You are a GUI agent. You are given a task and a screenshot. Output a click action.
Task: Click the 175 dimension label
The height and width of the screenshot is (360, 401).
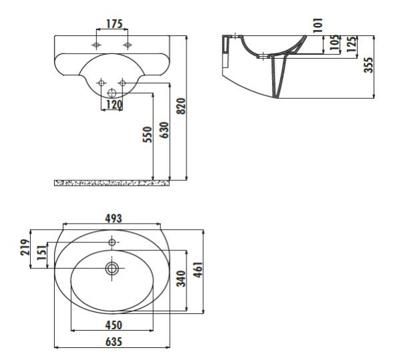click(x=114, y=24)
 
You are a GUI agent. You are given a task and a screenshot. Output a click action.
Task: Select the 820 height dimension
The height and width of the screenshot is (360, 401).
click(x=181, y=106)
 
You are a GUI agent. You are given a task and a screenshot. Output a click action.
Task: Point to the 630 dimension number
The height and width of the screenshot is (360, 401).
click(x=164, y=130)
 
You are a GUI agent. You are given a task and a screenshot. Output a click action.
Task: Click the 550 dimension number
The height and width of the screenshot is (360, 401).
click(x=147, y=135)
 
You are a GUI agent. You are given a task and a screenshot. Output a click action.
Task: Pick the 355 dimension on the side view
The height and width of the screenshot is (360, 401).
click(x=368, y=65)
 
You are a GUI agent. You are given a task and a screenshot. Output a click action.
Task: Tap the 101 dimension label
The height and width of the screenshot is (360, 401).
click(x=318, y=25)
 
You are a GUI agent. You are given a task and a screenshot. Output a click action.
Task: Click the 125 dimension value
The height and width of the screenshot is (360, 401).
click(x=352, y=45)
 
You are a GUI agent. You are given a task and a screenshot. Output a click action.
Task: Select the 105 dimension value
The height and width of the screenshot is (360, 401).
click(x=334, y=43)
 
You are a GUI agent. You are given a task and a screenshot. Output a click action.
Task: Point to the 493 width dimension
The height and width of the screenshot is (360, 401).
click(x=114, y=218)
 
